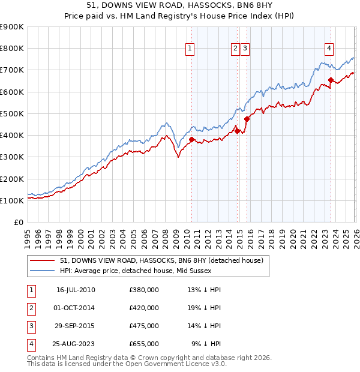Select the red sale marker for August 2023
coord(331,79)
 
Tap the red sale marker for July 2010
coord(192,139)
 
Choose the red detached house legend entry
coord(161,260)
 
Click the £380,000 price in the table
coord(144,290)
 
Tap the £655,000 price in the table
coord(144,344)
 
